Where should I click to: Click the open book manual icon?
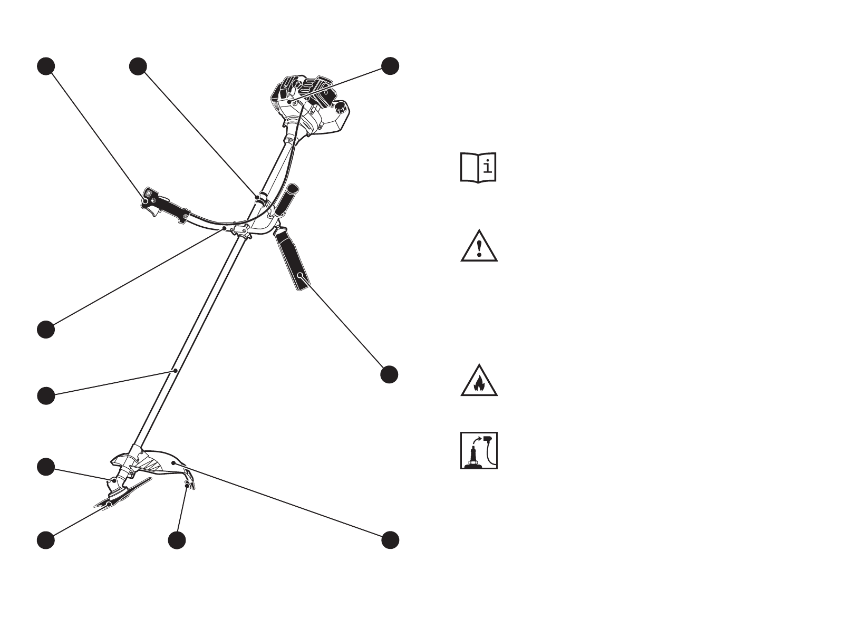pyautogui.click(x=478, y=168)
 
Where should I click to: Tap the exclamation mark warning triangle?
pyautogui.click(x=479, y=247)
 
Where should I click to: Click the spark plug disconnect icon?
pyautogui.click(x=479, y=451)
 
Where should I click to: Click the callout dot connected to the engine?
pyautogui.click(x=390, y=66)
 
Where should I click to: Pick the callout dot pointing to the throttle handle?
pyautogui.click(x=46, y=66)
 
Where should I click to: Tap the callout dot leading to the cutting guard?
pyautogui.click(x=390, y=540)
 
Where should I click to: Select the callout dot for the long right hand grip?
pyautogui.click(x=389, y=374)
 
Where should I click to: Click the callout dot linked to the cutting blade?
pyautogui.click(x=46, y=540)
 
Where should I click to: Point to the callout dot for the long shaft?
pyautogui.click(x=46, y=395)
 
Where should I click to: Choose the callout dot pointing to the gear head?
pyautogui.click(x=46, y=467)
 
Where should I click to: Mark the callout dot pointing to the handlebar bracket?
pyautogui.click(x=46, y=329)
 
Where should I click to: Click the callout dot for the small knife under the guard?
pyautogui.click(x=177, y=540)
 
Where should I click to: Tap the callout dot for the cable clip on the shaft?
pyautogui.click(x=138, y=66)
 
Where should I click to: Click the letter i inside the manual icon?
pyautogui.click(x=488, y=167)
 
